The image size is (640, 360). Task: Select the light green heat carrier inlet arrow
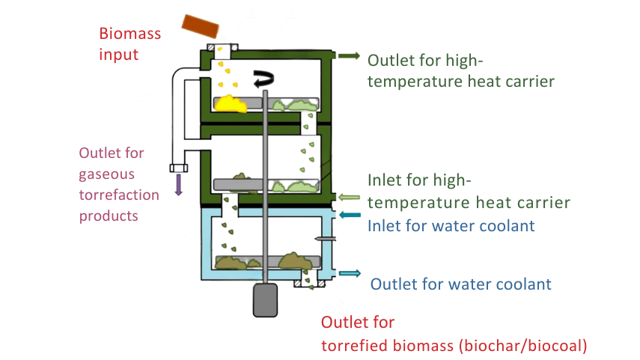coord(350,198)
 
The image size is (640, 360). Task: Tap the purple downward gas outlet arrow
coord(179,184)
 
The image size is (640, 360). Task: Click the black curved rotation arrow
coord(263,77)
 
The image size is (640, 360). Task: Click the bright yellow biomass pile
coord(231,104)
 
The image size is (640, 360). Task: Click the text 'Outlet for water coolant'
coord(461,284)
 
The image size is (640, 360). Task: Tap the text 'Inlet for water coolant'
coord(451,225)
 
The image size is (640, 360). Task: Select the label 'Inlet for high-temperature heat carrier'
coord(469,192)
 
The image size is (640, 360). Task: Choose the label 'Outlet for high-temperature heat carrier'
coord(461,70)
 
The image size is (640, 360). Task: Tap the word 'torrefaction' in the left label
coord(120,195)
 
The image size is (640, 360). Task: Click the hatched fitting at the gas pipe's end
coord(179,167)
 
